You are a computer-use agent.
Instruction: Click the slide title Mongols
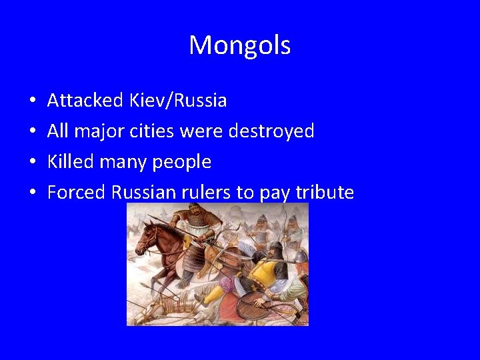[239, 45]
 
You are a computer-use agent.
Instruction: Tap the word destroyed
[271, 131]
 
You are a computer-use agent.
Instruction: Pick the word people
[182, 163]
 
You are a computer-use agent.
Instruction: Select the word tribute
[325, 193]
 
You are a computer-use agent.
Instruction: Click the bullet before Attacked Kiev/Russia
[33, 101]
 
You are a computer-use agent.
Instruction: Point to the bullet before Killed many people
[33, 163]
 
